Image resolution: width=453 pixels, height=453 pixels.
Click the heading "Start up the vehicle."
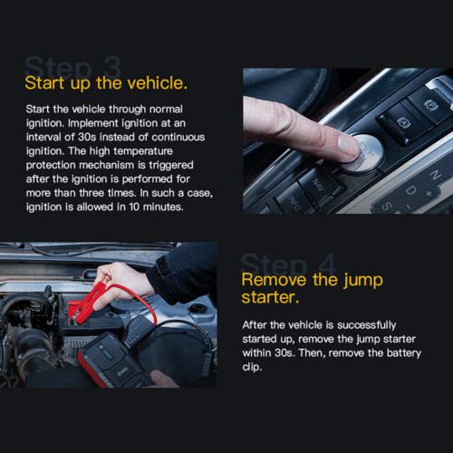(x=106, y=83)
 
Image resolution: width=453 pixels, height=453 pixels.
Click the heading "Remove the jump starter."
(x=312, y=288)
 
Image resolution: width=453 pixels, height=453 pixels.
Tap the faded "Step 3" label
(x=72, y=66)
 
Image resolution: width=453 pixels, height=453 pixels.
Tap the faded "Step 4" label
(x=288, y=264)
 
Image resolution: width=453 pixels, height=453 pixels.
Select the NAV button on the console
(x=319, y=184)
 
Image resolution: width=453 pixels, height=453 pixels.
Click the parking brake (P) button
(x=431, y=105)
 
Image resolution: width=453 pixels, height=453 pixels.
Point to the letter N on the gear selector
(x=435, y=175)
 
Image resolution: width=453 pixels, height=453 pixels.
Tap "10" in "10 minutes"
(x=134, y=207)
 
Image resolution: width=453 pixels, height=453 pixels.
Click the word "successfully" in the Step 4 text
(x=367, y=325)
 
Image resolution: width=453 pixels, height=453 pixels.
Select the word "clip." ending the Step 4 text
(x=252, y=367)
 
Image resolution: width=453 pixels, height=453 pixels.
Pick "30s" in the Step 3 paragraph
(x=87, y=137)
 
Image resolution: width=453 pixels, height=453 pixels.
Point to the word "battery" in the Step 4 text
(x=404, y=353)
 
